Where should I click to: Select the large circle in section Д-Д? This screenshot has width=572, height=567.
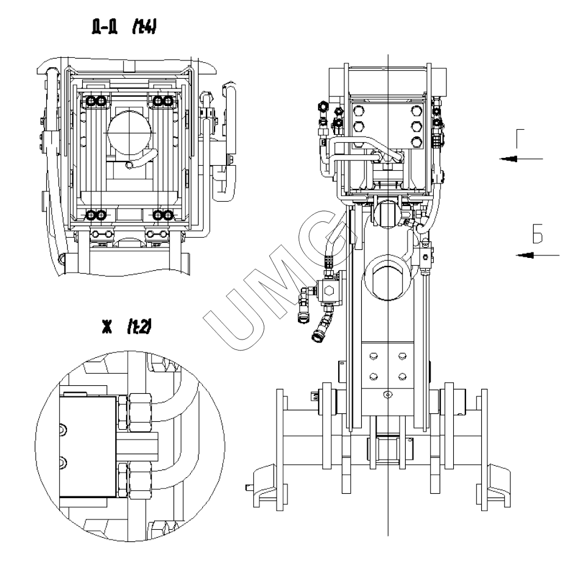pyautogui.click(x=127, y=132)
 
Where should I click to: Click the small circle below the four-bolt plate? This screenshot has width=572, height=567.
pyautogui.click(x=387, y=395)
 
